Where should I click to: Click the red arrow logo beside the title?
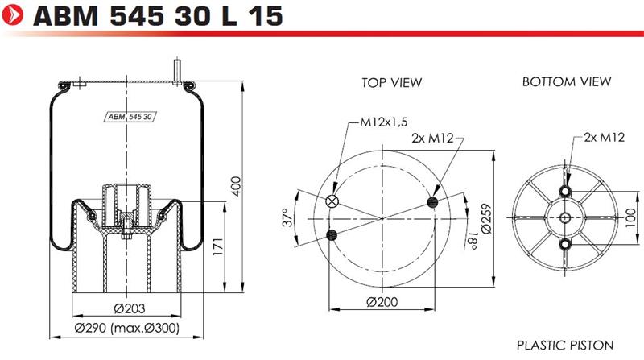click(x=12, y=15)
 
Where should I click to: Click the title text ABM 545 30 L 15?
click(x=158, y=16)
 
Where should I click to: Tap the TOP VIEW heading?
click(x=391, y=83)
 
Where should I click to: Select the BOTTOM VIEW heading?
click(x=567, y=82)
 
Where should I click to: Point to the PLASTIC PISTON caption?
click(x=565, y=346)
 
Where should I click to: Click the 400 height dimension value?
click(x=236, y=186)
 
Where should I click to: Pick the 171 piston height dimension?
click(x=217, y=246)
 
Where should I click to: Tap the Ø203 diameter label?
click(x=130, y=308)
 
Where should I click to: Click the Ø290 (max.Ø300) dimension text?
click(x=127, y=328)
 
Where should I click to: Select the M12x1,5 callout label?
click(x=384, y=122)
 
